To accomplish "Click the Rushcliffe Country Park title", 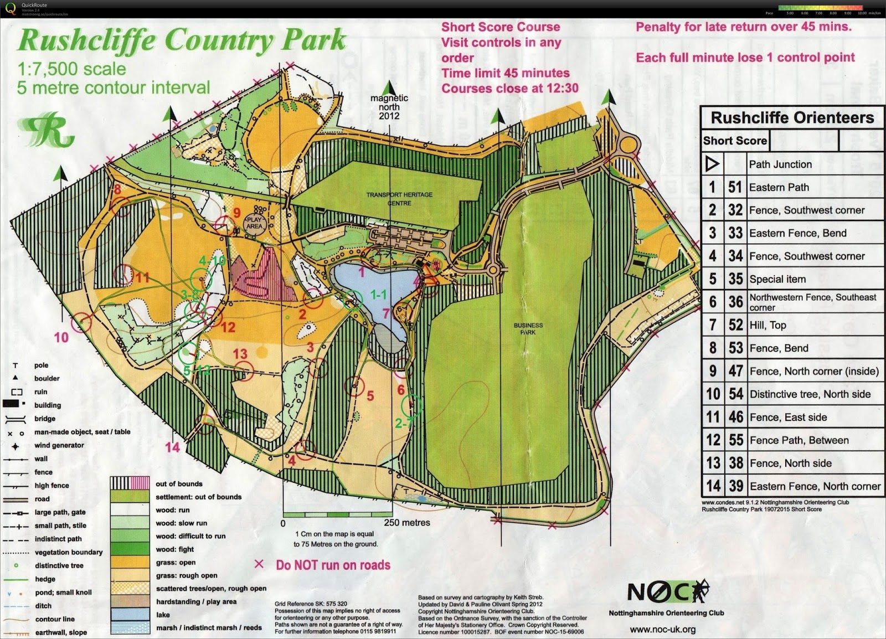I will tap(182, 41).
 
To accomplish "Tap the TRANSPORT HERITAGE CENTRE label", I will tap(399, 199).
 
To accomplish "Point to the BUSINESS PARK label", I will tap(528, 329).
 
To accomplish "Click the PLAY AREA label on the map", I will tap(254, 223).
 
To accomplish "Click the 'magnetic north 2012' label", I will tap(389, 107).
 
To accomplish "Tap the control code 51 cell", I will tap(735, 187).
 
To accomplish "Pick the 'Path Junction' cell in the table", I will tap(780, 164).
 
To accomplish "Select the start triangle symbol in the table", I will tap(712, 164).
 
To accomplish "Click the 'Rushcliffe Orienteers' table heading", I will tap(792, 117).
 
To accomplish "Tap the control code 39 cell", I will tap(735, 486).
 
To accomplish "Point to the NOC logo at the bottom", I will tap(667, 592).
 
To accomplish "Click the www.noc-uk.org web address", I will tap(663, 630).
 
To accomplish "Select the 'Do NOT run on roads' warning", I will tap(333, 565).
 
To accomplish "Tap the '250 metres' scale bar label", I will tap(407, 523).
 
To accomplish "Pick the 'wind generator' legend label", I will tap(59, 445).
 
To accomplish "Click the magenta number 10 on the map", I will tap(61, 337).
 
